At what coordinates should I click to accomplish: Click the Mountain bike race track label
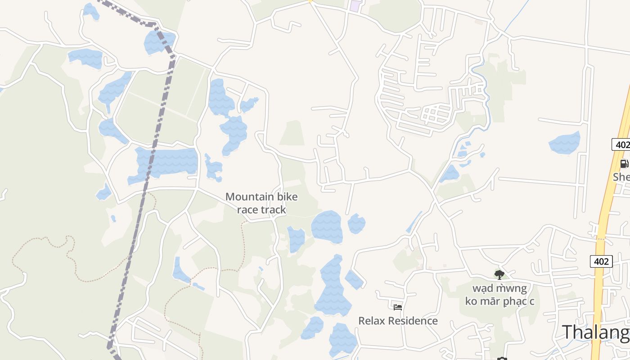(x=261, y=203)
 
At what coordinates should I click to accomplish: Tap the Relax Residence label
(x=398, y=321)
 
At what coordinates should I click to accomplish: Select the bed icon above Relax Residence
(x=398, y=307)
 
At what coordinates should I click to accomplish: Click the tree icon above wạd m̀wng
(x=499, y=274)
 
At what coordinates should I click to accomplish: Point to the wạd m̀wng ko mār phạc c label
(x=499, y=294)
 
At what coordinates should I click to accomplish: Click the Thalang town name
(x=595, y=333)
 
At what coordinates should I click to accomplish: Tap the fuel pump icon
(x=624, y=164)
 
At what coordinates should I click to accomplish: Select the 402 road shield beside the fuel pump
(x=621, y=145)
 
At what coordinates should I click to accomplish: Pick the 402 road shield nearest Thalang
(x=601, y=261)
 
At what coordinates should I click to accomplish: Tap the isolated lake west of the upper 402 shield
(x=564, y=143)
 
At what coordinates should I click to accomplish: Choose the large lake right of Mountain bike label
(x=327, y=226)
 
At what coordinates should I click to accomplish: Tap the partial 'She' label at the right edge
(x=621, y=177)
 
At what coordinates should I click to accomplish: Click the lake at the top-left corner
(x=91, y=11)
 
